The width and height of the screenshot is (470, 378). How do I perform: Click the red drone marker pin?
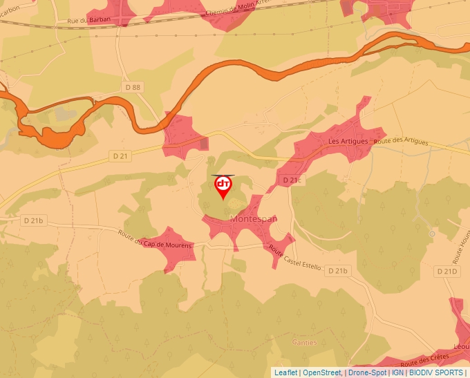tap(223, 187)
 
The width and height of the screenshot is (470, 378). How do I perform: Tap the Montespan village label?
tap(254, 219)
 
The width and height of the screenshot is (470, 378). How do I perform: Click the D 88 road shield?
tap(133, 86)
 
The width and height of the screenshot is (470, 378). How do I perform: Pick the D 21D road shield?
tap(447, 272)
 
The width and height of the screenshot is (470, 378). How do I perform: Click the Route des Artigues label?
tap(402, 142)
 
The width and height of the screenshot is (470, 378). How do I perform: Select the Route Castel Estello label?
tap(294, 258)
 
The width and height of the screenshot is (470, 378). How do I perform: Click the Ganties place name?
tap(304, 342)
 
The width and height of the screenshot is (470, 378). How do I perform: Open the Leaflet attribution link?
tap(285, 372)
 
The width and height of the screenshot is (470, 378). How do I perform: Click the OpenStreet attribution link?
tap(322, 372)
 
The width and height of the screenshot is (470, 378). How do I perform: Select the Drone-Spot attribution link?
tap(367, 372)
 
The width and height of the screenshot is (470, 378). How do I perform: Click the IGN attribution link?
tap(397, 372)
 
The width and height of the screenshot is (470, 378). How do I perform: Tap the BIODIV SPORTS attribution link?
tap(436, 372)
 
